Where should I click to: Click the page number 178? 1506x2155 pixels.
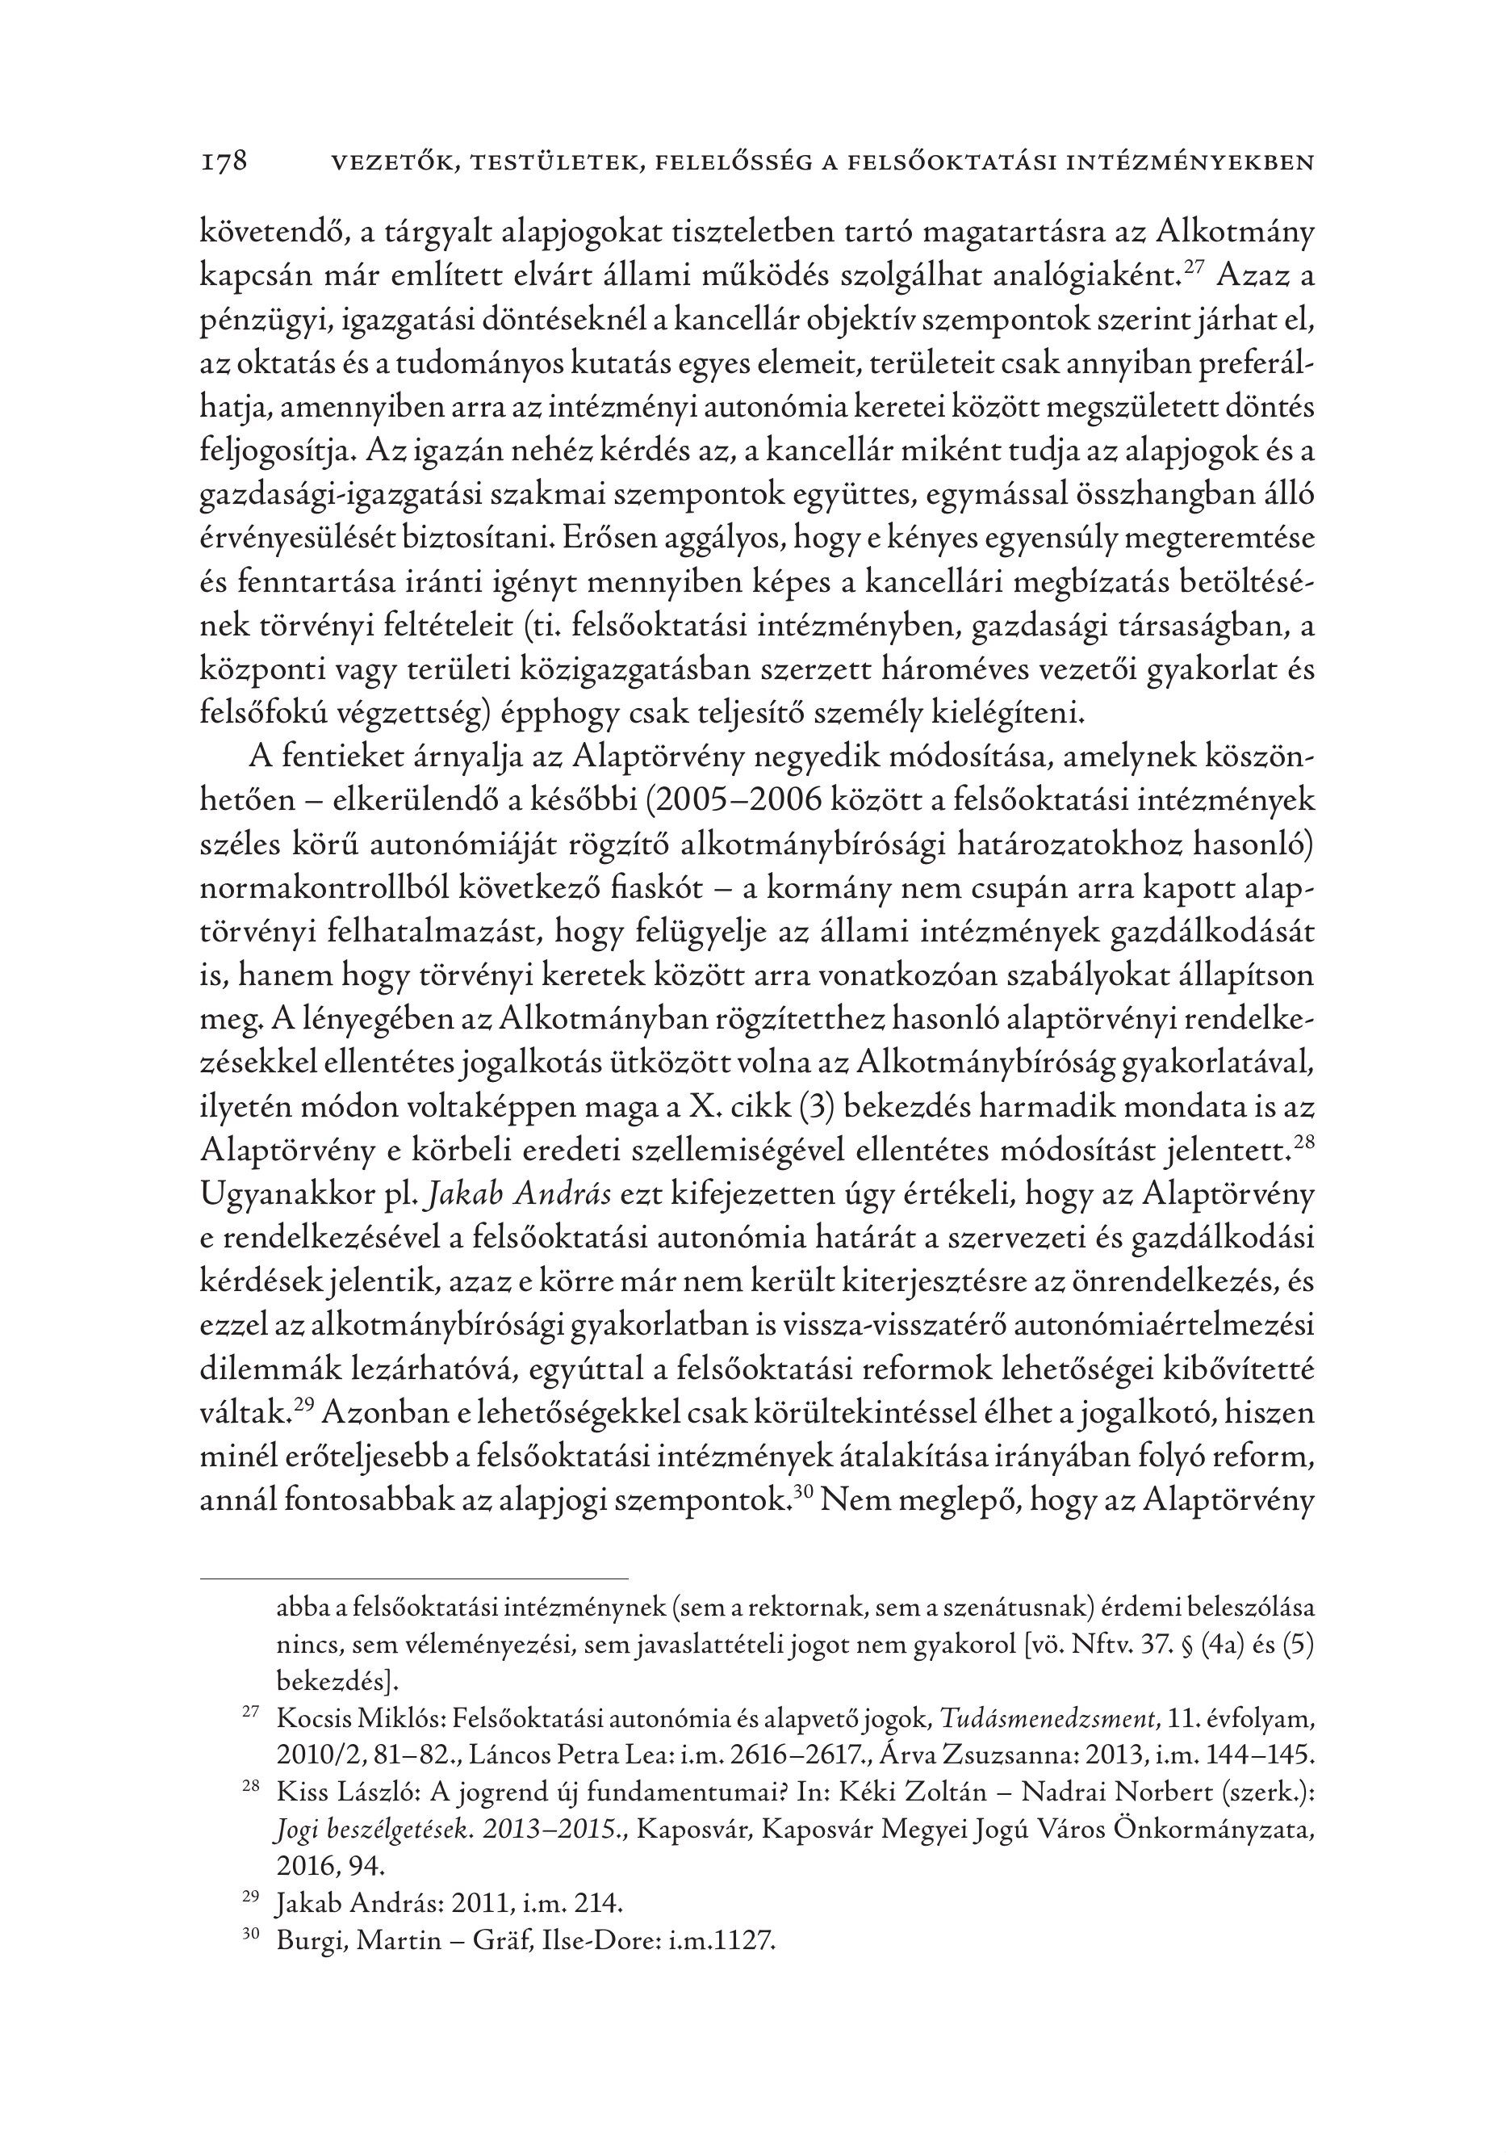(224, 161)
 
